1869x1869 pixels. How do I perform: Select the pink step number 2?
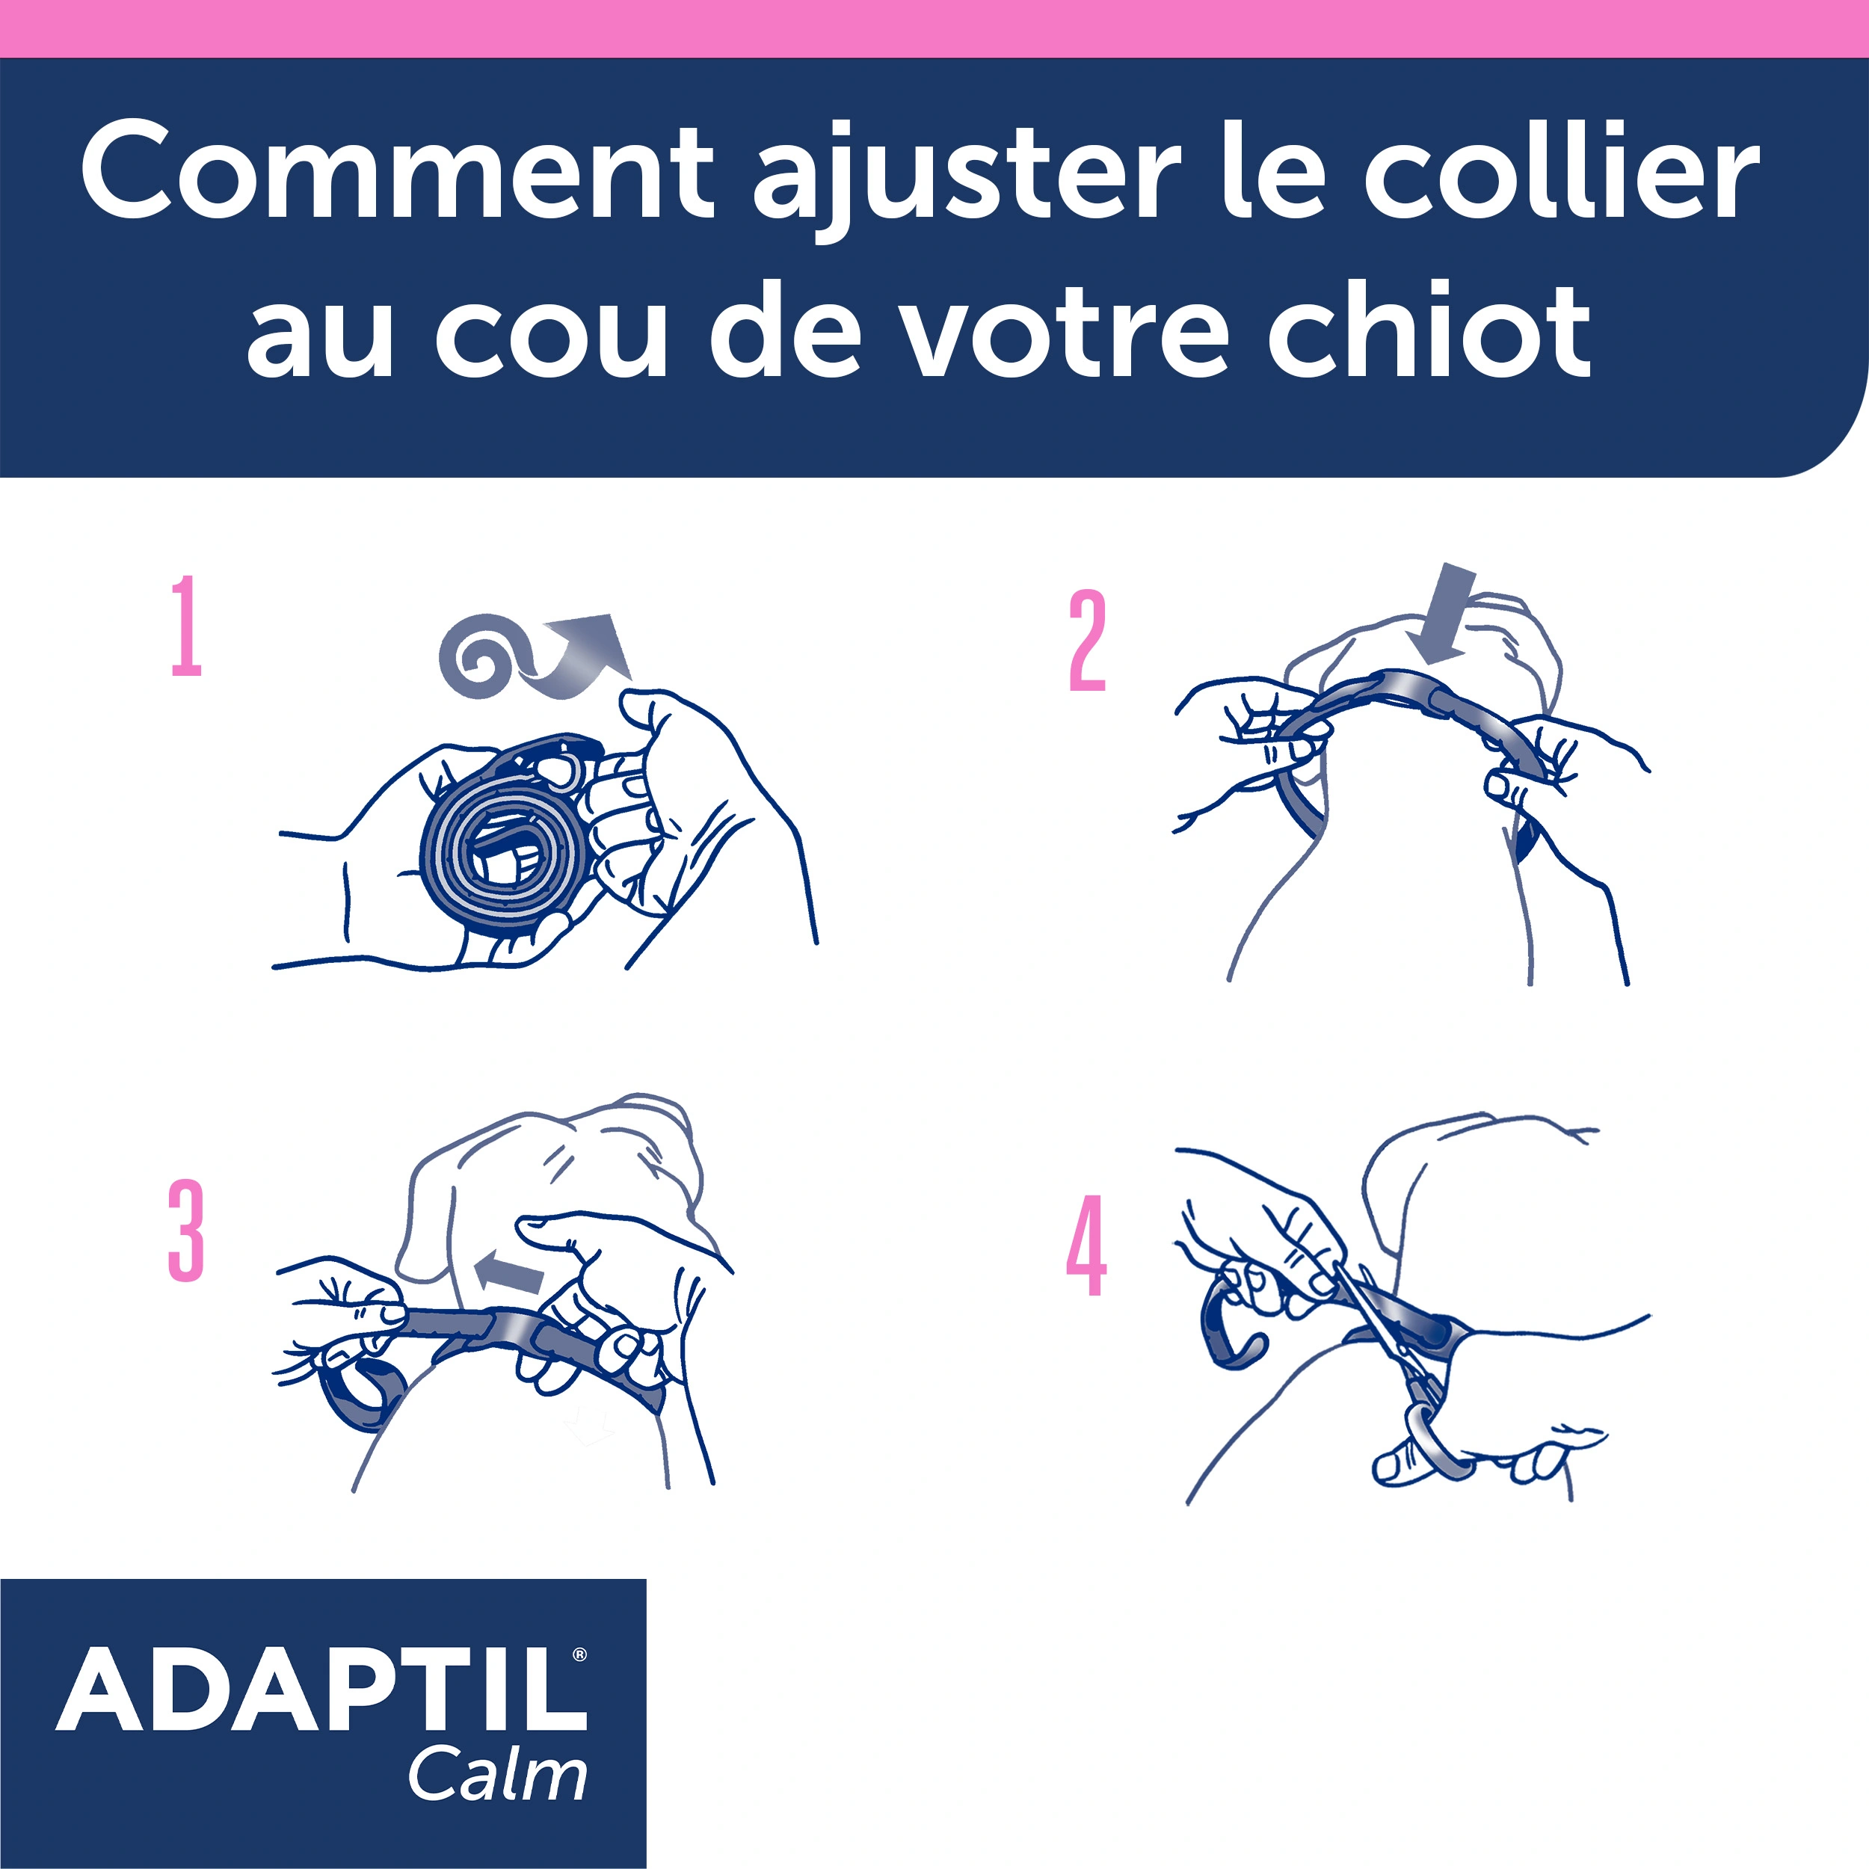click(1087, 641)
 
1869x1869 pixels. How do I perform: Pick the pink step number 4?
click(1086, 1246)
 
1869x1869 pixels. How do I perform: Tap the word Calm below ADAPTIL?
click(497, 1775)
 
